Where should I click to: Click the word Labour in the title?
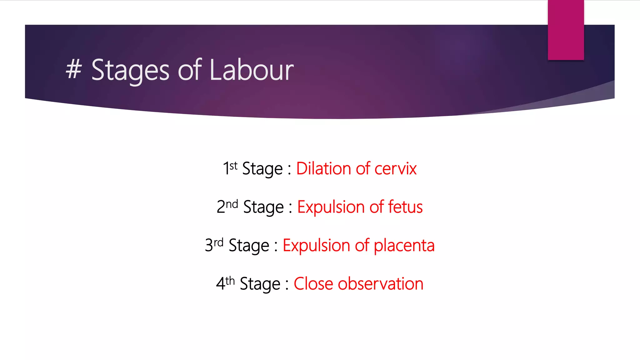[x=252, y=70]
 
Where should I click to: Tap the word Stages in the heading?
[x=130, y=71]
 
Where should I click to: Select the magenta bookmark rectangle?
[x=566, y=30]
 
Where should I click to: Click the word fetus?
[x=405, y=207]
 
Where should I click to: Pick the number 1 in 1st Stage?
[x=226, y=169]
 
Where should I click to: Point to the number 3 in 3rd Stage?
[x=209, y=246]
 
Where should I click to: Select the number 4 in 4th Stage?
[x=220, y=284]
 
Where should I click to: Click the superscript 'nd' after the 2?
[x=232, y=204]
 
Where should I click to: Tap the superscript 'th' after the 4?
[x=230, y=281]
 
